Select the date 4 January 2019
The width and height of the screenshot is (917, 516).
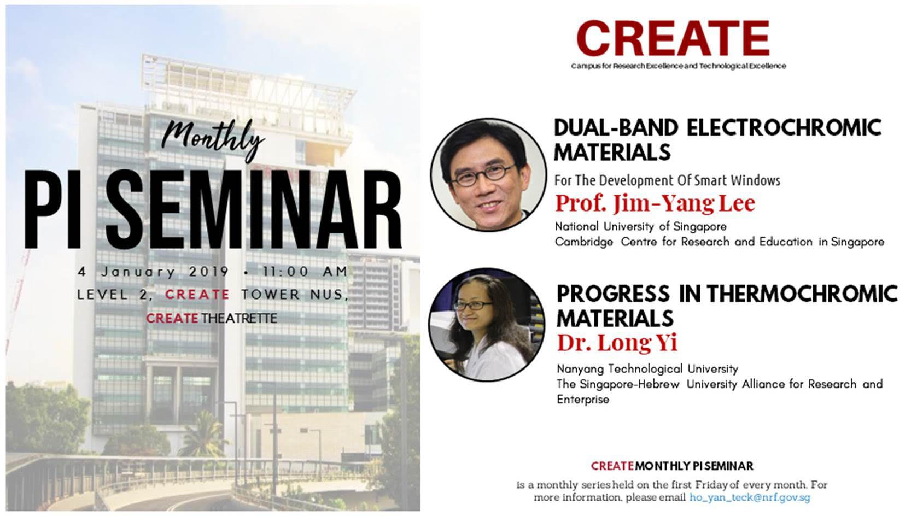tap(153, 272)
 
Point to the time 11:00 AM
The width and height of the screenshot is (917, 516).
tap(305, 272)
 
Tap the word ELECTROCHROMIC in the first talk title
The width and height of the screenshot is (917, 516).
tap(784, 128)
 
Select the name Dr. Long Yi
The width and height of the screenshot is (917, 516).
tap(617, 343)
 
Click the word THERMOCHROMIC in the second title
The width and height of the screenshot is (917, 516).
tap(802, 294)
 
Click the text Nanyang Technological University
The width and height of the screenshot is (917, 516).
tap(647, 369)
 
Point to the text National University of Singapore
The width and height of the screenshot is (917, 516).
tap(640, 226)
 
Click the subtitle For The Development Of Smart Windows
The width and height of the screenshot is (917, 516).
tap(667, 180)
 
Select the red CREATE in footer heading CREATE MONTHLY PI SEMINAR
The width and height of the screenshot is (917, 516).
tap(612, 466)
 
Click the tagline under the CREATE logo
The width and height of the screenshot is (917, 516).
tap(678, 66)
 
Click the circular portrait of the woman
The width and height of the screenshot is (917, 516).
tap(486, 325)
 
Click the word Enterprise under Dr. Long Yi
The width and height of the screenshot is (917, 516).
tap(582, 400)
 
